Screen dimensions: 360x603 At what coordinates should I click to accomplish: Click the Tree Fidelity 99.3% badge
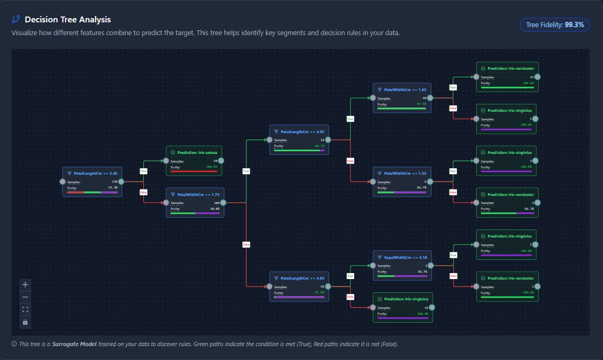[555, 24]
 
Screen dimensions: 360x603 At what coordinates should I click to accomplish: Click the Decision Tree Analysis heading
[67, 20]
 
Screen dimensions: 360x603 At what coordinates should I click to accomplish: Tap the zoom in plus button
[25, 284]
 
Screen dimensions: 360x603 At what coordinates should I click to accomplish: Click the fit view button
[25, 309]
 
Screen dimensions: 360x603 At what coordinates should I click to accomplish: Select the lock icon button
[25, 322]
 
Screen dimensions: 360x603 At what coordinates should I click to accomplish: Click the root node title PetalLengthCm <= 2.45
[95, 174]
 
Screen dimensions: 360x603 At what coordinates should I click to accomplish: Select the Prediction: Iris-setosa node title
[197, 153]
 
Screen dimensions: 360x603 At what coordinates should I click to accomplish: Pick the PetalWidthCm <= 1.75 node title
[198, 195]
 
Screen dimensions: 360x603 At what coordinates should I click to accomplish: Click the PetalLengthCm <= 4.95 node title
[302, 132]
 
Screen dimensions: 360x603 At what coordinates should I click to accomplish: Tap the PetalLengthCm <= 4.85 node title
[302, 279]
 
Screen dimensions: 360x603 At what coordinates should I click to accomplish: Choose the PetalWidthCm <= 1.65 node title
[405, 90]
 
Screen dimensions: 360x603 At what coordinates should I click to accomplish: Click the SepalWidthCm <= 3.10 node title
[405, 258]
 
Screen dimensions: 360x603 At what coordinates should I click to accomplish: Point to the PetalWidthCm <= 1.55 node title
[405, 174]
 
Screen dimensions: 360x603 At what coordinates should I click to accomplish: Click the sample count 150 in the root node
[115, 182]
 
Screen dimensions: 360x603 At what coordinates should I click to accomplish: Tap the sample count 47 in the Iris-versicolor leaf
[532, 77]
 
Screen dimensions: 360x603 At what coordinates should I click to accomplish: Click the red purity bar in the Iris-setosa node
[194, 171]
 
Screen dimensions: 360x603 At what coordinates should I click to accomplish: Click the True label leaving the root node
[143, 171]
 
